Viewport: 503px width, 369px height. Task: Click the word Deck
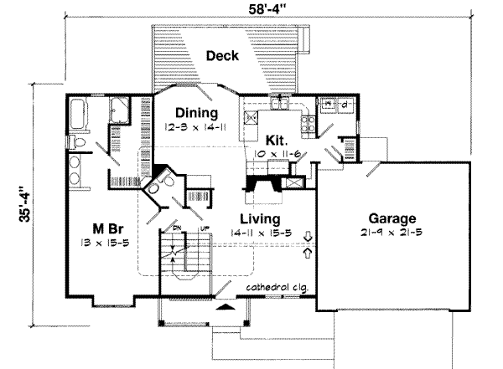tap(222, 56)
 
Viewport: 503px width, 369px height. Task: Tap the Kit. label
tap(277, 140)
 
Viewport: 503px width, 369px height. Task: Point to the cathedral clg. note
tap(277, 288)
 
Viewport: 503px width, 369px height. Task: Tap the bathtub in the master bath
tap(84, 112)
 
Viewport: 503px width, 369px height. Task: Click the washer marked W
tap(328, 104)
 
